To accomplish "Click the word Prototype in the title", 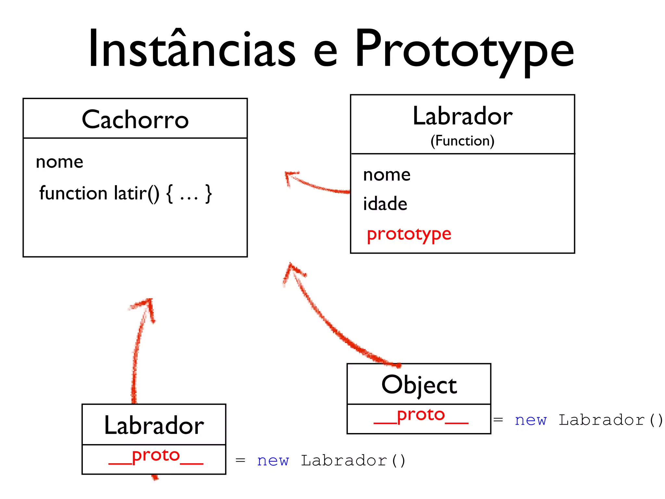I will click(x=464, y=50).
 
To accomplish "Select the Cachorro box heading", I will click(x=135, y=119).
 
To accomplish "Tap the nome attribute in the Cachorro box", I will click(x=59, y=162).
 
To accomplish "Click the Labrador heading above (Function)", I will click(x=462, y=116).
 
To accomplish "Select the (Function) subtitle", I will click(x=462, y=141).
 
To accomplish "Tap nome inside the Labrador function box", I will click(x=387, y=175).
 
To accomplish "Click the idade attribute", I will click(x=385, y=204).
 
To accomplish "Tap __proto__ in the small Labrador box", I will click(x=156, y=456).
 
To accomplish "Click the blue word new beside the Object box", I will click(x=531, y=420).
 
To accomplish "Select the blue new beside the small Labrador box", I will click(x=273, y=461).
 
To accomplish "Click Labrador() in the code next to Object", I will click(x=610, y=420).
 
